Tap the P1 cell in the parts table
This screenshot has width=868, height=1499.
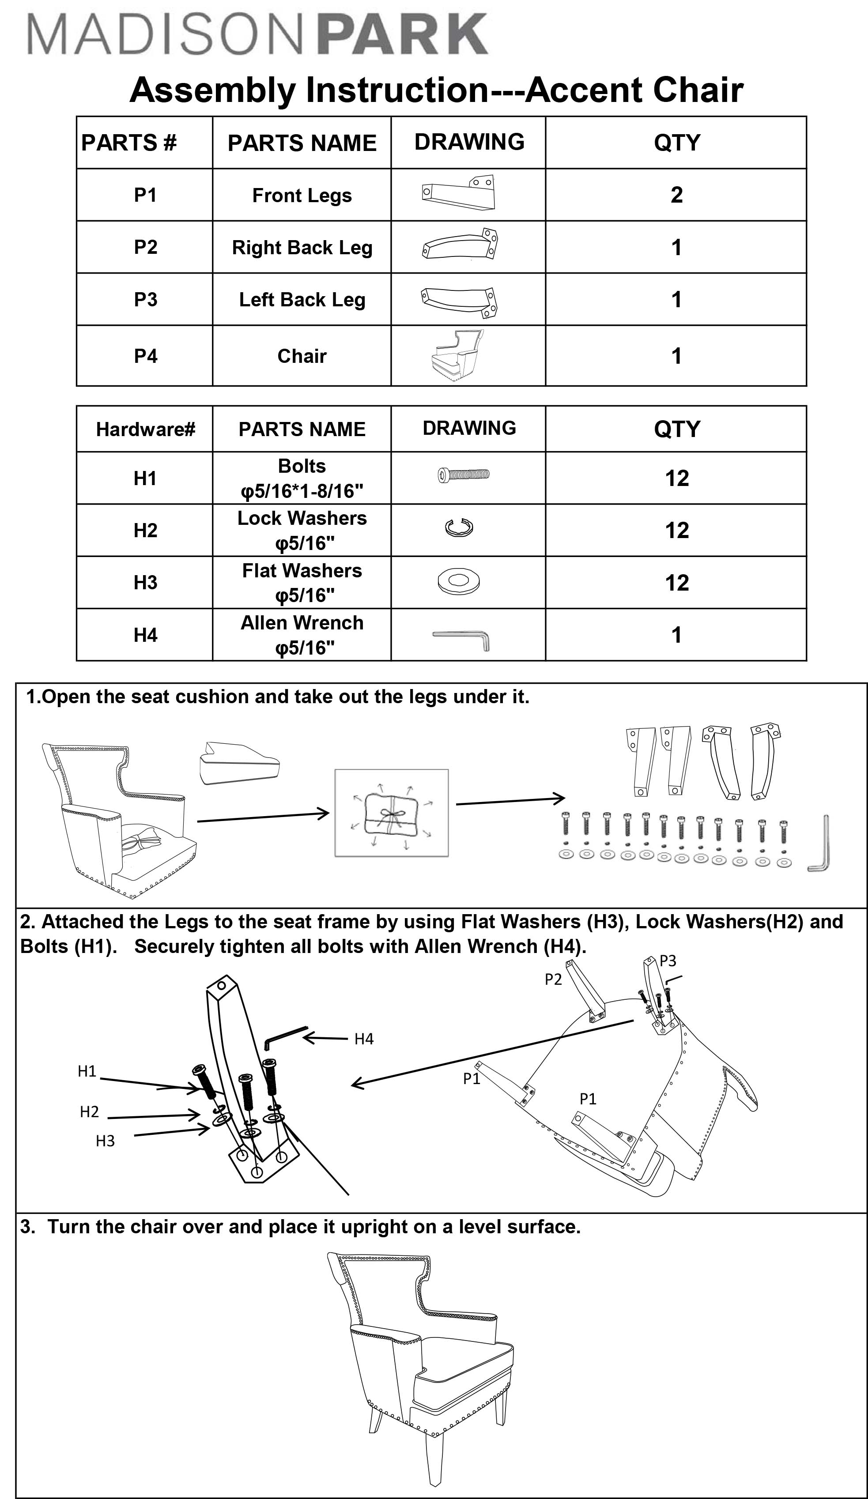point(144,195)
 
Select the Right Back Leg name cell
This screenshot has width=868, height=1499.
point(302,248)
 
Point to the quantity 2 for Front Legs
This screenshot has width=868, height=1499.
point(676,195)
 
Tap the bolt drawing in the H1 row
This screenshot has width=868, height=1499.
point(464,474)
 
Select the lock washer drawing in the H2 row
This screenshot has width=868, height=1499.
point(459,527)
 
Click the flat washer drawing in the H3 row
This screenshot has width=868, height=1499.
point(458,581)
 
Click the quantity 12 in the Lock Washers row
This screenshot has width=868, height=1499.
point(676,530)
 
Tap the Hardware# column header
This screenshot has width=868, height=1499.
point(145,429)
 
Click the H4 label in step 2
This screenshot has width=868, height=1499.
point(363,1039)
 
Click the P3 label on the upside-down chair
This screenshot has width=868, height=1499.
point(668,960)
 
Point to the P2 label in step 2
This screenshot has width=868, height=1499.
point(553,979)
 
